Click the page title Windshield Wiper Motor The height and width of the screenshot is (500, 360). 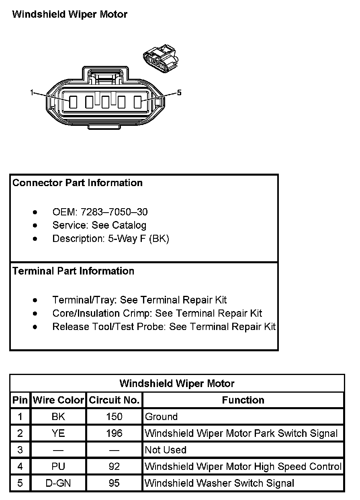(70, 14)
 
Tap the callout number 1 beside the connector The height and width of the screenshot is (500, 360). (32, 93)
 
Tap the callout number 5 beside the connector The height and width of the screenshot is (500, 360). (179, 93)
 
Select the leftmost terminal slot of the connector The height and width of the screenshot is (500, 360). (73, 102)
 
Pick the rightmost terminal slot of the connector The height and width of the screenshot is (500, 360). (137, 102)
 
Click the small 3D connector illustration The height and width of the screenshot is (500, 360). (160, 58)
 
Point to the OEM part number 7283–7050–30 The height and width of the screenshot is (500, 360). (114, 212)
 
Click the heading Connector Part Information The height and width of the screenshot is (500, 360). (78, 183)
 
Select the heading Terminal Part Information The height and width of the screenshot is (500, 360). (74, 271)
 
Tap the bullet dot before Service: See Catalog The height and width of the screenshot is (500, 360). (36, 225)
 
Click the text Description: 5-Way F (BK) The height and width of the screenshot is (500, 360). (110, 238)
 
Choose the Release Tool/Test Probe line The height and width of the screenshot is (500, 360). (164, 326)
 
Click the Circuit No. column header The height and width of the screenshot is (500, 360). (114, 400)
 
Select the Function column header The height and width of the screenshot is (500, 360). (243, 400)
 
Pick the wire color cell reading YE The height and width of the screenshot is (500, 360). (58, 433)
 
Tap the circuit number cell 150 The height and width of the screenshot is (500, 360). (114, 417)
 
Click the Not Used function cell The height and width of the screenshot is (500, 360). (166, 450)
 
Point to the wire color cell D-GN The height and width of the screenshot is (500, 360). (58, 483)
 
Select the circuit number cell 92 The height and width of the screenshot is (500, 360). (114, 466)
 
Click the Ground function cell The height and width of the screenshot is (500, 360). (161, 417)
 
